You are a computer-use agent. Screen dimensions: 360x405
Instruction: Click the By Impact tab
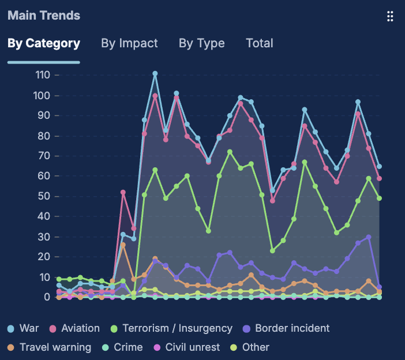pyautogui.click(x=129, y=43)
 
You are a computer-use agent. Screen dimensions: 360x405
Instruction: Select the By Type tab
pyautogui.click(x=201, y=43)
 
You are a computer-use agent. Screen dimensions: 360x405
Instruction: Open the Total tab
pyautogui.click(x=259, y=43)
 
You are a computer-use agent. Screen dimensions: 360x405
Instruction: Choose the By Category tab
pyautogui.click(x=44, y=43)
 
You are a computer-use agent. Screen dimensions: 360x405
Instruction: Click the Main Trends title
pyautogui.click(x=44, y=16)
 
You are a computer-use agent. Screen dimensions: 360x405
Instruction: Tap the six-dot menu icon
pyautogui.click(x=390, y=16)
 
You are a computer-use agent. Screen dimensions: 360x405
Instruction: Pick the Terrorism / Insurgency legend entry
pyautogui.click(x=171, y=328)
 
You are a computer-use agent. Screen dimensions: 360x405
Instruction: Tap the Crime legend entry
pyautogui.click(x=128, y=347)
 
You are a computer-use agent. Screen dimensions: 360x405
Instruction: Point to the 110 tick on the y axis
pyautogui.click(x=43, y=75)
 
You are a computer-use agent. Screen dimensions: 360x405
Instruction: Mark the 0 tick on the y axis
pyautogui.click(x=48, y=297)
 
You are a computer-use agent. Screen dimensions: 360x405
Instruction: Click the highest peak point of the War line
pyautogui.click(x=155, y=73)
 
